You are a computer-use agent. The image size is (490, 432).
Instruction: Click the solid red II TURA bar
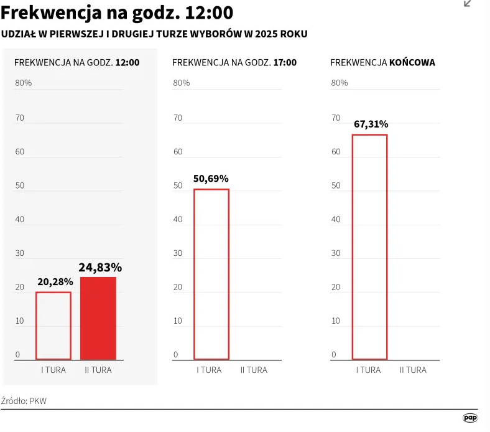pyautogui.click(x=98, y=318)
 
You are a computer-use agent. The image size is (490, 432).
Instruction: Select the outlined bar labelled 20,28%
pyautogui.click(x=53, y=326)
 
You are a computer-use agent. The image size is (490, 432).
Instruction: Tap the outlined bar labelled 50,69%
pyautogui.click(x=211, y=274)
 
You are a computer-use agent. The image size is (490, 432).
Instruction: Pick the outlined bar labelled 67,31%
pyautogui.click(x=369, y=247)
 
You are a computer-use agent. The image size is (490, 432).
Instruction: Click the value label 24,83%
pyautogui.click(x=99, y=268)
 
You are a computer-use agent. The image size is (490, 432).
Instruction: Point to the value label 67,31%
pyautogui.click(x=371, y=124)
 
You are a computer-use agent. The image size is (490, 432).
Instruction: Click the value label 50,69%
pyautogui.click(x=211, y=179)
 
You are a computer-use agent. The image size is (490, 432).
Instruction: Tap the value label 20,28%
pyautogui.click(x=54, y=282)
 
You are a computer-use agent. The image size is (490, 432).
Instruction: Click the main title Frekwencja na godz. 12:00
pyautogui.click(x=118, y=12)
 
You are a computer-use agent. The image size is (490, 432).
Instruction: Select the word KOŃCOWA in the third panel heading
pyautogui.click(x=412, y=63)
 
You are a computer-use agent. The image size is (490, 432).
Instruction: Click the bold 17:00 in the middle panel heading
pyautogui.click(x=285, y=63)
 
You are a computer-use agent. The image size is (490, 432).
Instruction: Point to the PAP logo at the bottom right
pyautogui.click(x=470, y=418)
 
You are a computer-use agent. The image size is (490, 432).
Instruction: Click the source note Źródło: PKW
pyautogui.click(x=24, y=401)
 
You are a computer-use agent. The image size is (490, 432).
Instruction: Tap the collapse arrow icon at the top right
pyautogui.click(x=468, y=4)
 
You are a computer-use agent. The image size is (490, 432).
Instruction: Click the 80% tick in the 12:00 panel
pyautogui.click(x=24, y=83)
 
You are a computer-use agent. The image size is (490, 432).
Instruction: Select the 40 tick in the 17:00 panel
pyautogui.click(x=178, y=219)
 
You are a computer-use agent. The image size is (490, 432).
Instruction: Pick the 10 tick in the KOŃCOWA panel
pyautogui.click(x=336, y=321)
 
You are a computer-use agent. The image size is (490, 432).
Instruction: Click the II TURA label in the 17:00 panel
pyautogui.click(x=254, y=370)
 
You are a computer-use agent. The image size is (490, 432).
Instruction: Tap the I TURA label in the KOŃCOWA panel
pyautogui.click(x=368, y=370)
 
